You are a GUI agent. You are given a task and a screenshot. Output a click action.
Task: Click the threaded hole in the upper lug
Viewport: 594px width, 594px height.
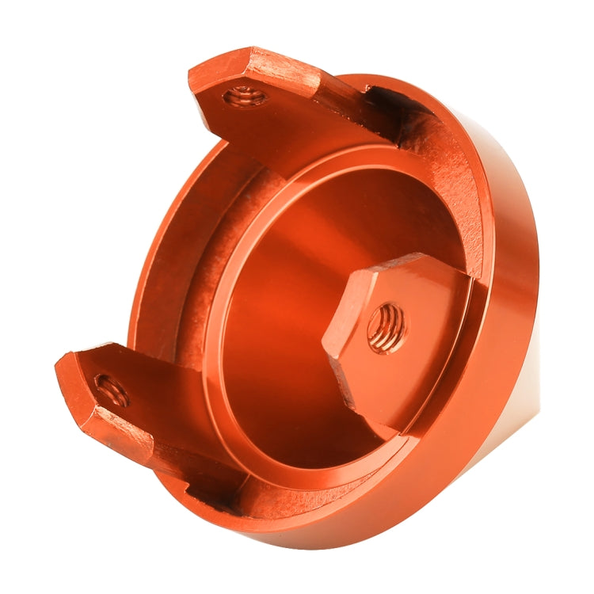243,97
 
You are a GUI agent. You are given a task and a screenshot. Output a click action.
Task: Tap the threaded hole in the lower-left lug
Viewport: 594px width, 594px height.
111,388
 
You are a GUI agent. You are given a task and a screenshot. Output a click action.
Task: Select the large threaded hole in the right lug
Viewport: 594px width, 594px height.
387,327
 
